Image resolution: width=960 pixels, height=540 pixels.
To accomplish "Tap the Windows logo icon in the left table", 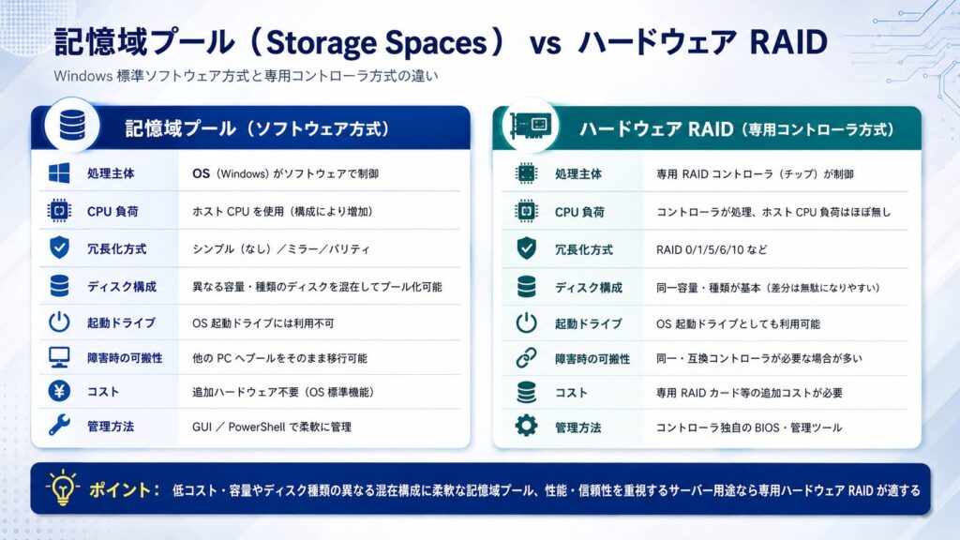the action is tap(59, 173).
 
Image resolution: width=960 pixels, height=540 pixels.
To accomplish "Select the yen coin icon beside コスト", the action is tap(59, 391).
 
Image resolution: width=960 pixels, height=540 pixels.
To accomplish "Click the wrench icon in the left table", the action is tap(59, 426).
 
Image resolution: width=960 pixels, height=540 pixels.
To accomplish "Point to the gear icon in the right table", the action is tap(526, 426).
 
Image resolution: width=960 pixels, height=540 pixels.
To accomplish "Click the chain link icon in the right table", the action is tap(526, 357).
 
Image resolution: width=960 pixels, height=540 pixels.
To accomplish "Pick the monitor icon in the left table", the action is tap(59, 357).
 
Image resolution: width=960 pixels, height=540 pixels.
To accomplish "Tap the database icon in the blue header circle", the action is tap(72, 126).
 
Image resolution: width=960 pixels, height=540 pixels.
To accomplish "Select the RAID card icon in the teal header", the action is tap(531, 127).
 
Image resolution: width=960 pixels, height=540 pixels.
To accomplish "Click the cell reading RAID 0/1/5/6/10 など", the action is tap(712, 249).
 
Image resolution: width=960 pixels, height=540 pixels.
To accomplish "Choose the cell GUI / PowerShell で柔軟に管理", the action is tap(272, 427).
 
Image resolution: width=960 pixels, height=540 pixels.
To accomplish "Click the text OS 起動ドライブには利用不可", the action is tap(263, 322).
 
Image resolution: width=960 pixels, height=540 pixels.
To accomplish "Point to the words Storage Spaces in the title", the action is tap(377, 42).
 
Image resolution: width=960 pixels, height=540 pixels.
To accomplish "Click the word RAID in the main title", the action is tap(788, 42).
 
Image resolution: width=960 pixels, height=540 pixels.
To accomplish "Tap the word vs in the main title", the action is tap(545, 45).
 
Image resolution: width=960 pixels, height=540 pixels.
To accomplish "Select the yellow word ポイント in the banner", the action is tap(120, 489).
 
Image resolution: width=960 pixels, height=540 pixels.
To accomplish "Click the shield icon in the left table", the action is tap(59, 247).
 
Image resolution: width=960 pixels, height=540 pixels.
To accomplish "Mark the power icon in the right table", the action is tap(526, 322).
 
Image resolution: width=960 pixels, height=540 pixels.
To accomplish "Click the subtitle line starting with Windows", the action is tap(247, 77).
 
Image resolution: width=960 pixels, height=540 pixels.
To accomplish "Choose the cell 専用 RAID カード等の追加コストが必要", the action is tap(749, 393).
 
